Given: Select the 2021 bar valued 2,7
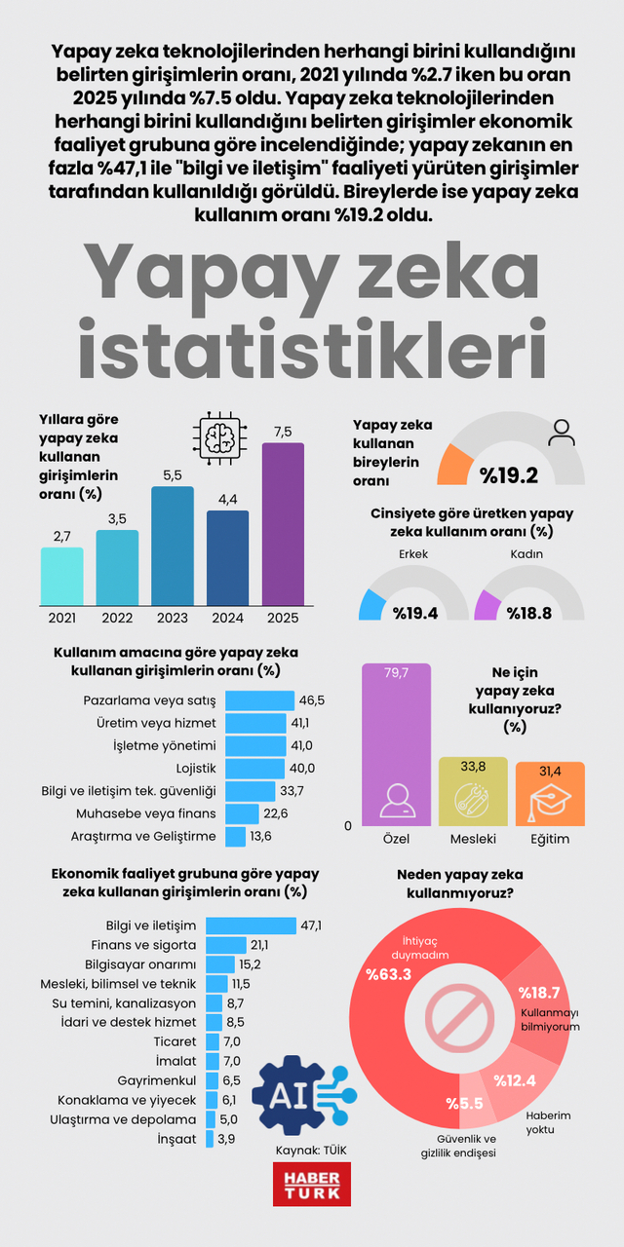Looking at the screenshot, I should (61, 576).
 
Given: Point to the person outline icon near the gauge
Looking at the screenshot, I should (562, 433).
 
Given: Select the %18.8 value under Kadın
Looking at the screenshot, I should (526, 612).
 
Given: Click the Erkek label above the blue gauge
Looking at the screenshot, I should (413, 554).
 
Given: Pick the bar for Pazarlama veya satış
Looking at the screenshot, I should (259, 700).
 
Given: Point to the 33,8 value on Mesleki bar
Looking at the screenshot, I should (473, 769).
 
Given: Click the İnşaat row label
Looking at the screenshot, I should (176, 1138).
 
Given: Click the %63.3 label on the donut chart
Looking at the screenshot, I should (387, 973).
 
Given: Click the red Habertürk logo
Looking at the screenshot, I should (311, 1184).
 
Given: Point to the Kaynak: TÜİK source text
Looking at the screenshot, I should (311, 1151).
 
